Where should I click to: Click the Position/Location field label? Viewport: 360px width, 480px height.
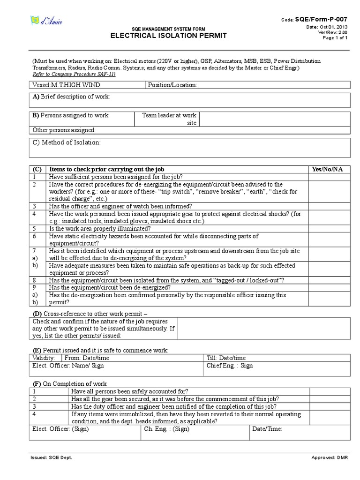pos(172,85)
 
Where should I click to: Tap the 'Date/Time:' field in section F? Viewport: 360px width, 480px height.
pos(267,428)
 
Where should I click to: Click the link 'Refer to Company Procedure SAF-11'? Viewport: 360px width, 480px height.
pos(74,74)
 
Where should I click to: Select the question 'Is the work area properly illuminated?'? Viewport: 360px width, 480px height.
pos(100,229)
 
